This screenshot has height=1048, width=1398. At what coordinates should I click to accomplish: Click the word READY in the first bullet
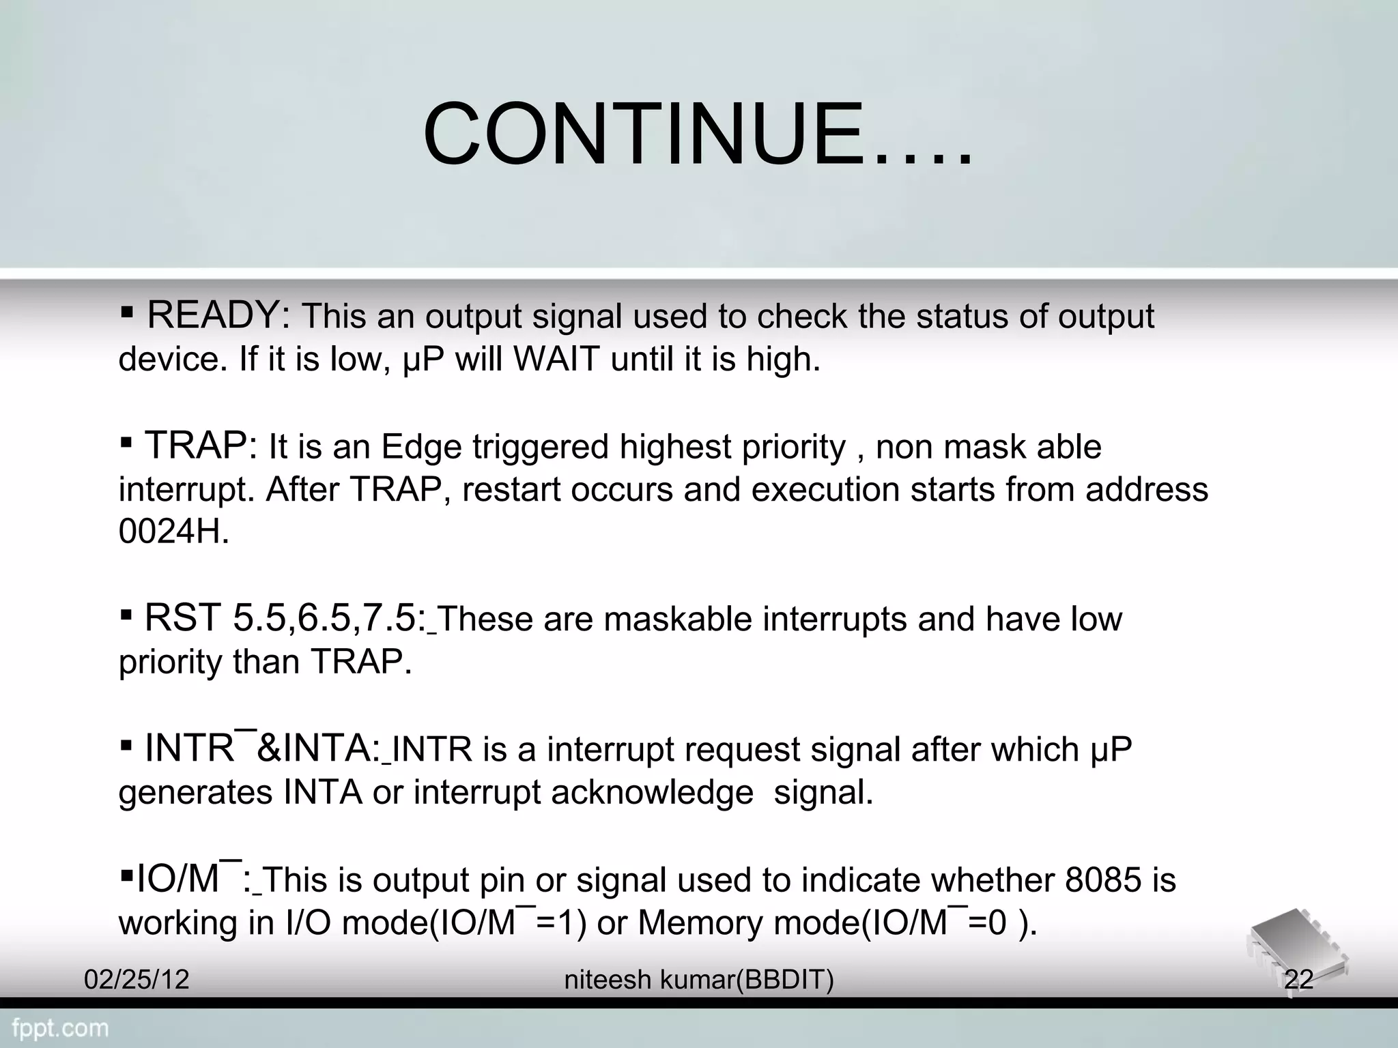click(217, 315)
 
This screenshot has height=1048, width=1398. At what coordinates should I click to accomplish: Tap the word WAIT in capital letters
click(556, 359)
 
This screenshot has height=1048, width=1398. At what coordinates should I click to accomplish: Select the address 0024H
click(173, 532)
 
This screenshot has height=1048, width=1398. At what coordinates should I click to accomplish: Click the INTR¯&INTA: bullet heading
click(262, 748)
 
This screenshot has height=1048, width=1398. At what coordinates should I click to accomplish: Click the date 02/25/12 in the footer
click(137, 980)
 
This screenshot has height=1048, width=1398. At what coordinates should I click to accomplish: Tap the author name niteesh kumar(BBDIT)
click(699, 980)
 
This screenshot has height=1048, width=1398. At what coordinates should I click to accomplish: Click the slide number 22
click(1298, 980)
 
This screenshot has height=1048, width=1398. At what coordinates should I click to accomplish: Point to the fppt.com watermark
click(60, 1028)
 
